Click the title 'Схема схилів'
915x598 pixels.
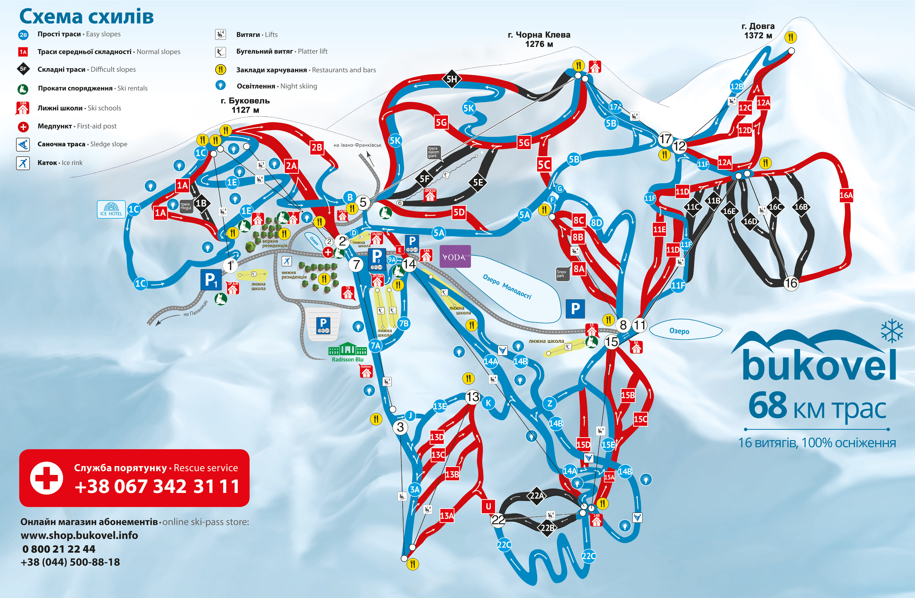[87, 17]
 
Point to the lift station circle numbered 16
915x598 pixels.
[791, 283]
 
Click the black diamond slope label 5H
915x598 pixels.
[452, 79]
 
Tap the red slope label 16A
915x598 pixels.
[846, 195]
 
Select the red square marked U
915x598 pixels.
[488, 506]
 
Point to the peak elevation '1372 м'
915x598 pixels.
[758, 35]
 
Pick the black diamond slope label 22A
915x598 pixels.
[537, 495]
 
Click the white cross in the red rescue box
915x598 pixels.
[46, 478]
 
